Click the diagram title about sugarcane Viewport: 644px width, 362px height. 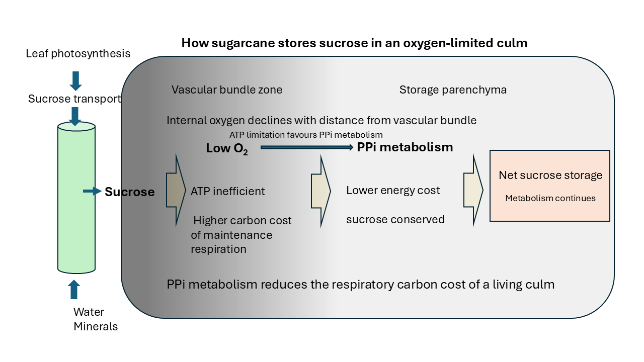coord(354,43)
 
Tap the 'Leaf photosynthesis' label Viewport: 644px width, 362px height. coord(78,53)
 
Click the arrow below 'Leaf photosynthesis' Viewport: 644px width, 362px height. coord(75,80)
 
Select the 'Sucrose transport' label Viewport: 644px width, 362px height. coord(74,99)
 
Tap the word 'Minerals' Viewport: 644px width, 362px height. coord(96,326)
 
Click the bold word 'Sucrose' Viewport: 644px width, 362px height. coord(129,192)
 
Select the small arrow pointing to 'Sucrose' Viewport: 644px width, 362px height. coord(92,191)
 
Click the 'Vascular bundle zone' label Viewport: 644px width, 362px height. coord(227,90)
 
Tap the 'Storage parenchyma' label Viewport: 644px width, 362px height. coord(453,90)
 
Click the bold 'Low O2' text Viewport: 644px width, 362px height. coord(227,149)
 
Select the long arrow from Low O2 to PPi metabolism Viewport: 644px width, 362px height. coord(307,147)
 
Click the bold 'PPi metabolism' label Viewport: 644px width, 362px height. coord(405,147)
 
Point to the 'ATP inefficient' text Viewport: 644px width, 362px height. coord(227,191)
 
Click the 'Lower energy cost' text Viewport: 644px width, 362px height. coord(393,191)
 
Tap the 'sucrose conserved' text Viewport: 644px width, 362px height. coord(395,219)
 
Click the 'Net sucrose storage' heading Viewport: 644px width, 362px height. coord(550,175)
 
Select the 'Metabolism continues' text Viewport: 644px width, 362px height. coord(550,198)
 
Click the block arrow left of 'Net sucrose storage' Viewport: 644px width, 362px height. coord(473,191)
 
